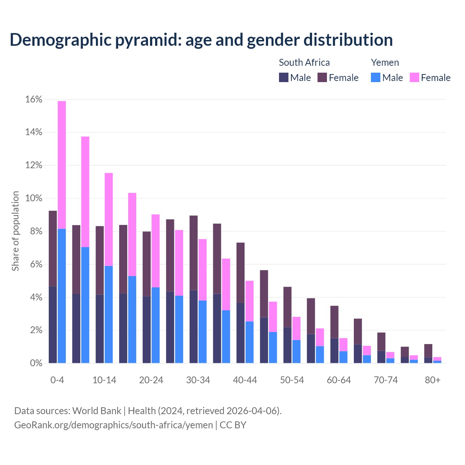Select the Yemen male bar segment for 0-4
tap(62, 296)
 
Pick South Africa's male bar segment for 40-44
tap(240, 333)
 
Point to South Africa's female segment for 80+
tap(428, 351)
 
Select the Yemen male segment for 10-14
tap(109, 314)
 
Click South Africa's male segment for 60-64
tap(334, 351)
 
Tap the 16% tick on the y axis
tap(34, 100)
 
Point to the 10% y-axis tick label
tap(34, 199)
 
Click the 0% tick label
tap(36, 363)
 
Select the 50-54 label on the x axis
tap(292, 380)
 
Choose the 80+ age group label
tap(433, 380)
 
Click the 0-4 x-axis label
tap(57, 380)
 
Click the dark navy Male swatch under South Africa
tap(283, 77)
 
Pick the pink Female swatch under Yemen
tap(414, 77)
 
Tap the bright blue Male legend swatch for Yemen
tap(376, 77)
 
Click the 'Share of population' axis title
tap(16, 231)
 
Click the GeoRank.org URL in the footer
tap(113, 425)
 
